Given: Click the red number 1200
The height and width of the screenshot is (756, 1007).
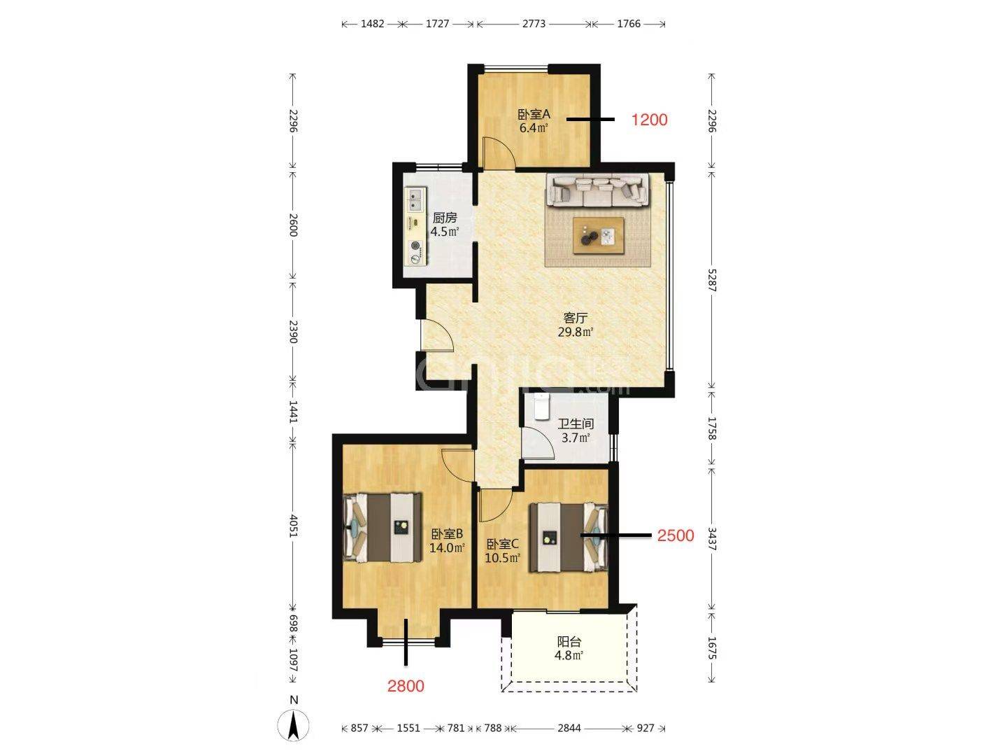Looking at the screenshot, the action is click(x=649, y=120).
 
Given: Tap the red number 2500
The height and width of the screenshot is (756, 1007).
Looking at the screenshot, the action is click(x=676, y=535).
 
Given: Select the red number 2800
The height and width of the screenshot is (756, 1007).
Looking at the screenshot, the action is click(x=406, y=686).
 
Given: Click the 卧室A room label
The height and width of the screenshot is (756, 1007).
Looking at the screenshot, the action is click(x=534, y=114).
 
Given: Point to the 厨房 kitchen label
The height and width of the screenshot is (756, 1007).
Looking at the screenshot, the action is click(x=445, y=218).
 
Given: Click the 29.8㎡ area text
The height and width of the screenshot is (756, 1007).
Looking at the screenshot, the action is click(x=576, y=332).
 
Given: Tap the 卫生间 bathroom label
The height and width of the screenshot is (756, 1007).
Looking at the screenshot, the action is click(x=576, y=423).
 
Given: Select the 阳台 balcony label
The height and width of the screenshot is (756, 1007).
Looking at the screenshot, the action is click(x=569, y=642).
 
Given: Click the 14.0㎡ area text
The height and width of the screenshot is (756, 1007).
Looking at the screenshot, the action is click(x=447, y=547).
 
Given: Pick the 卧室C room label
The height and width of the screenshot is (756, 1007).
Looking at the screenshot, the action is click(x=502, y=545).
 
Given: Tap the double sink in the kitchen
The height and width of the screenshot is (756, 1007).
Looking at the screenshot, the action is click(x=95, y=199).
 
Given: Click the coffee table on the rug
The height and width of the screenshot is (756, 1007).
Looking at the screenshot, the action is click(x=598, y=235).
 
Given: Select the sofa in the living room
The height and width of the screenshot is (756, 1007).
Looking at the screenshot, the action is click(x=597, y=190).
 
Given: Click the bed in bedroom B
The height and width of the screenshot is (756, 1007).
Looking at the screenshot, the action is click(x=383, y=527).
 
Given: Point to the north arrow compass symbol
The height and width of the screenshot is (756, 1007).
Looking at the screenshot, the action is click(x=294, y=725).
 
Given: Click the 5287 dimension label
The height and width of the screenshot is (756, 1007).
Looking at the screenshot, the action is click(x=712, y=280).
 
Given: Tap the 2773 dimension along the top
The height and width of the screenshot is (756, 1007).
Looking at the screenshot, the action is click(x=534, y=24).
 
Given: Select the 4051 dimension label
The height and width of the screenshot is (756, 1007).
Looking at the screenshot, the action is click(x=293, y=526).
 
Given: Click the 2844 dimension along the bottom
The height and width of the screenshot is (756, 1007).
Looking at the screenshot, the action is click(x=569, y=728).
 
